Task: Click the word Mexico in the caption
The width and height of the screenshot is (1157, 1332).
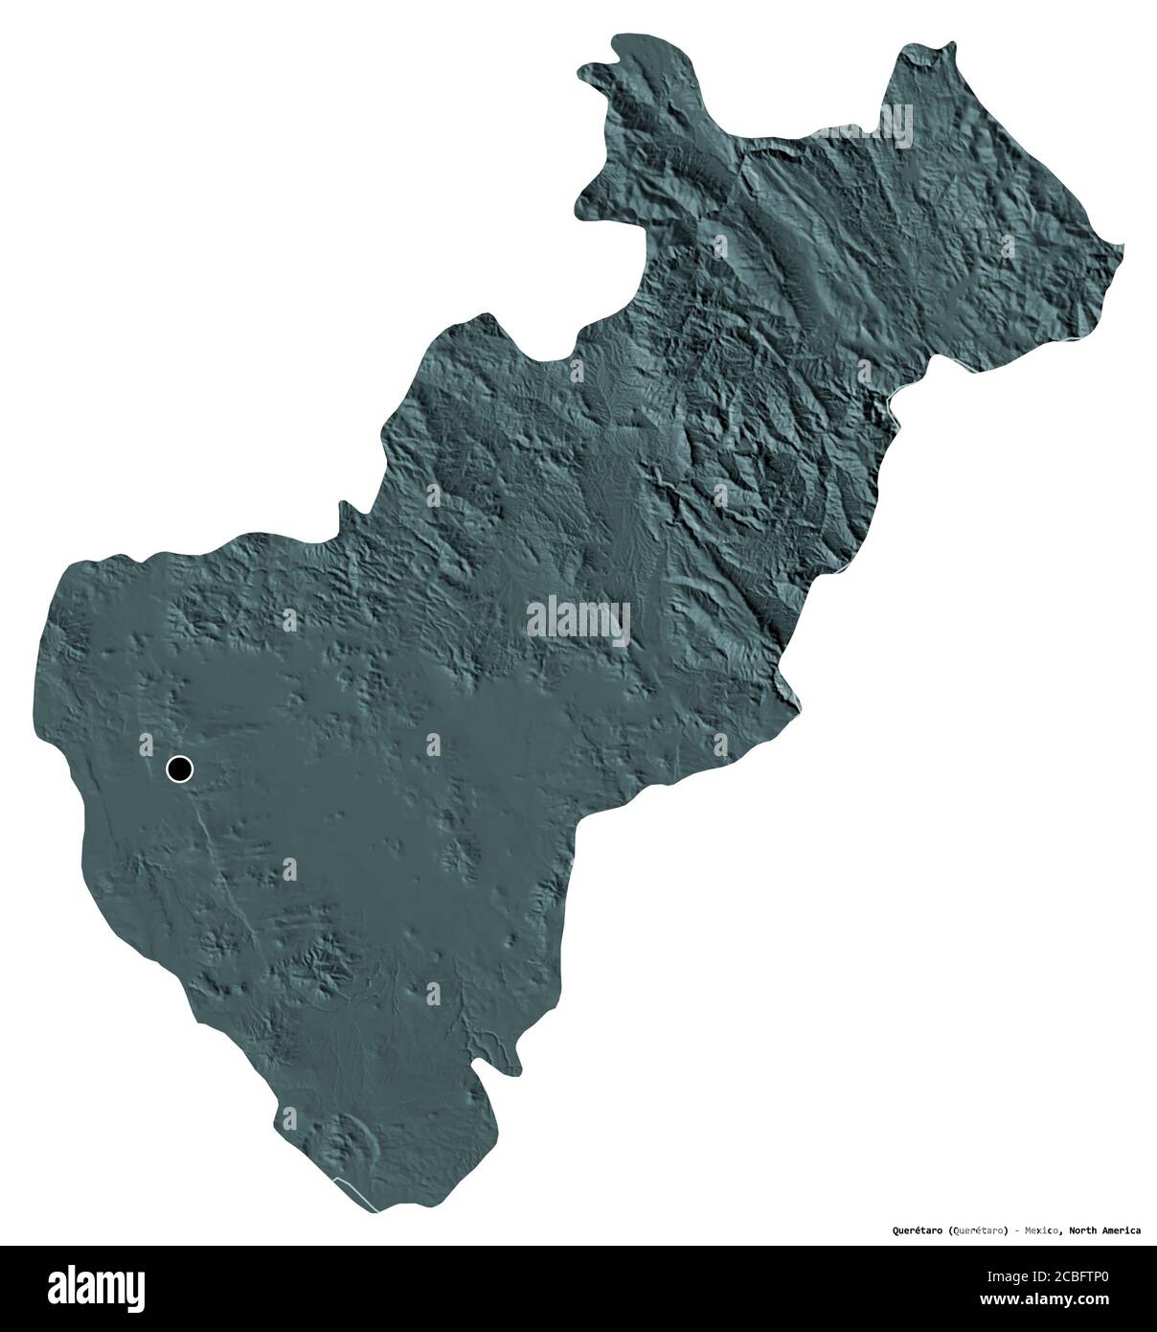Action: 1038,1229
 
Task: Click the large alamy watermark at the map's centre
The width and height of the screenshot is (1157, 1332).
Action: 578,621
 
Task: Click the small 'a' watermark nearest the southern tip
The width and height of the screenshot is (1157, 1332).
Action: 433,993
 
